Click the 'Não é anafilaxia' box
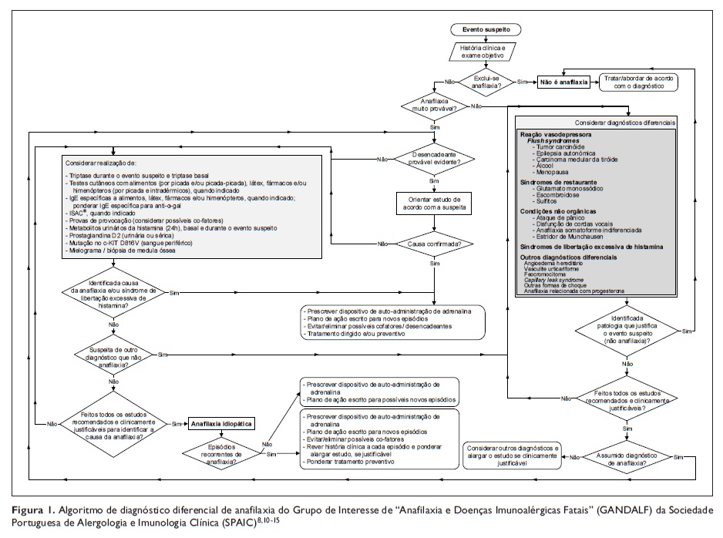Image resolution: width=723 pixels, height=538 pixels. [x=563, y=81]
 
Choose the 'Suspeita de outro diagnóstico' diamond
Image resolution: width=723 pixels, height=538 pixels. [x=114, y=354]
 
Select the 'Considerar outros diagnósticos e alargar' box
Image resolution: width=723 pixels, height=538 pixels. [x=514, y=456]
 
